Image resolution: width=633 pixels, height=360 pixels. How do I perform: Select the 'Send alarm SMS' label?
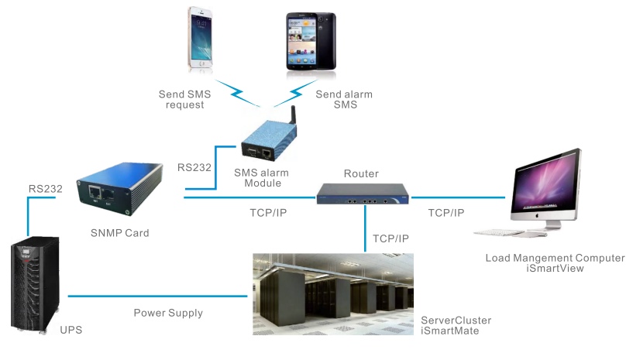coord(344,100)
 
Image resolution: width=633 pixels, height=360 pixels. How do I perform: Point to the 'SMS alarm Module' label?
coord(258,177)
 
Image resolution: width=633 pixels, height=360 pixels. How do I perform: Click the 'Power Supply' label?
coord(168,313)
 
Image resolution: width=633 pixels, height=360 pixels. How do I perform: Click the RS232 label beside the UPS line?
coord(45,187)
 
